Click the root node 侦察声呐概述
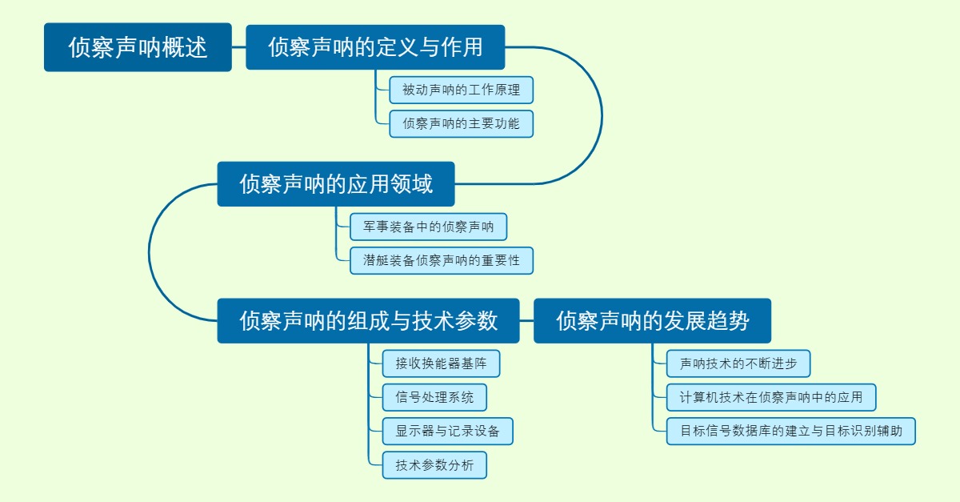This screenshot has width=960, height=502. click(138, 47)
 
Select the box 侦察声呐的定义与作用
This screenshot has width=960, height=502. click(375, 47)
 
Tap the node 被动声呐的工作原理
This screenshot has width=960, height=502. click(461, 90)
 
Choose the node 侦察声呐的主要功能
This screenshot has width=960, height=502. click(461, 124)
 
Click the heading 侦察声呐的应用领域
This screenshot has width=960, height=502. click(336, 184)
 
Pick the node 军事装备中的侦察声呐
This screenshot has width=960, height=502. click(428, 227)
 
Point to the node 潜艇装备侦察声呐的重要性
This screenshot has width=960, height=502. click(441, 261)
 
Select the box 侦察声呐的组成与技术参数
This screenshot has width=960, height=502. click(368, 321)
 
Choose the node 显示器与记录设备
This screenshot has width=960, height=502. click(447, 432)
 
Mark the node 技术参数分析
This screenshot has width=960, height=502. click(434, 465)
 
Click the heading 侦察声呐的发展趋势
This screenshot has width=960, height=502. click(652, 321)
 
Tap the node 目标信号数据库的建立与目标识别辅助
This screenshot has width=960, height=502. click(791, 432)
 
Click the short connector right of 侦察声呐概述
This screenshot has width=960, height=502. click(238, 47)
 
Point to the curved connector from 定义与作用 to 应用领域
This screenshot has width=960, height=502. click(602, 116)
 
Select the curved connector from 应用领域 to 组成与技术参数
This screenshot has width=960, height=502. click(150, 252)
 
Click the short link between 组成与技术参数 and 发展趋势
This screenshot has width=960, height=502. click(526, 321)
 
